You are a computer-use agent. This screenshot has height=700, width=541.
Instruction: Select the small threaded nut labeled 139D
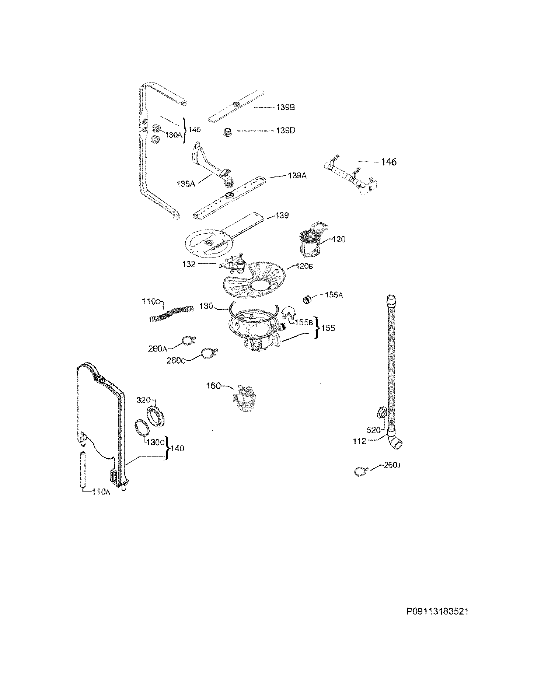click(228, 132)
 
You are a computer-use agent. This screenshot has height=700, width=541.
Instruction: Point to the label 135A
click(186, 184)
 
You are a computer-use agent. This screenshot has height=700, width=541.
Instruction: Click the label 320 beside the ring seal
click(143, 400)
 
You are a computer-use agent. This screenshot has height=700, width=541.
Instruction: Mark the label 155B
click(303, 322)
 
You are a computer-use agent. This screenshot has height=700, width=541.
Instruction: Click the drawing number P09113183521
click(437, 612)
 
